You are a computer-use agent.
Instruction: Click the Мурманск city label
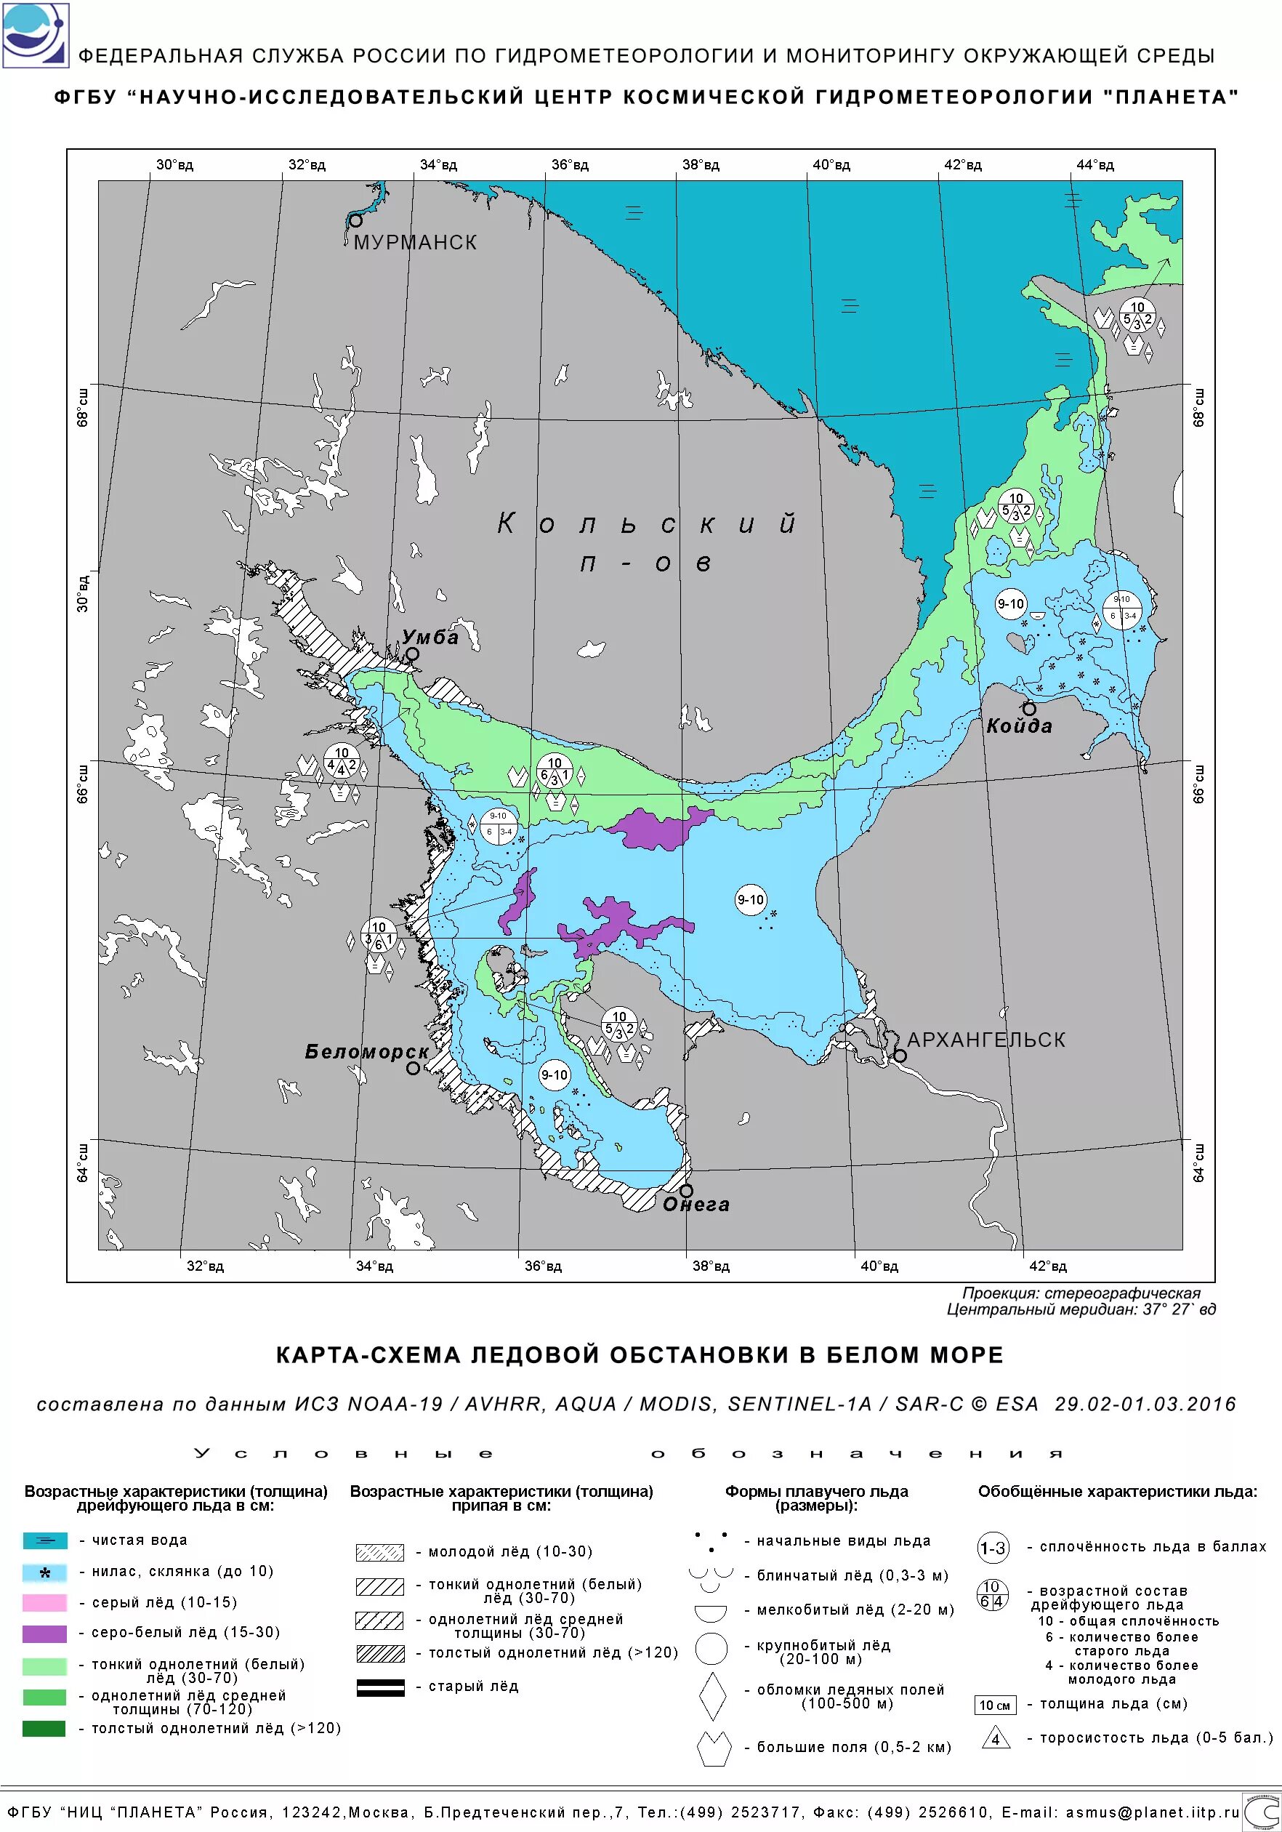pyautogui.click(x=415, y=243)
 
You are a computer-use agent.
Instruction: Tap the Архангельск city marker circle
pyautogui.click(x=900, y=1055)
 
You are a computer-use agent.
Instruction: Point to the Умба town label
pyautogui.click(x=430, y=637)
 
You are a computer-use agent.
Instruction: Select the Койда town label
pyautogui.click(x=1019, y=726)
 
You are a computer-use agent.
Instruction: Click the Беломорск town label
pyautogui.click(x=367, y=1052)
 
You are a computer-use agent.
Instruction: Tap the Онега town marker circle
pyautogui.click(x=686, y=1191)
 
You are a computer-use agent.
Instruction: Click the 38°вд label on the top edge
pyautogui.click(x=701, y=165)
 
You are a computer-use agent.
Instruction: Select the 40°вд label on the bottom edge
pyautogui.click(x=879, y=1266)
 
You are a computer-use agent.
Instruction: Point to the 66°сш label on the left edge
pyautogui.click(x=83, y=784)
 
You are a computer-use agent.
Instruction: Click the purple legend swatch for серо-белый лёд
pyautogui.click(x=44, y=1633)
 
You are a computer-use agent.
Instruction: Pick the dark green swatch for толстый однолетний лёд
pyautogui.click(x=44, y=1728)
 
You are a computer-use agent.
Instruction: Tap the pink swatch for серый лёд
pyautogui.click(x=44, y=1602)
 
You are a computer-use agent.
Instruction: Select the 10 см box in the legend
pyautogui.click(x=995, y=1705)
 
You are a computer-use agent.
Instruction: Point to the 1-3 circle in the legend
pyautogui.click(x=993, y=1548)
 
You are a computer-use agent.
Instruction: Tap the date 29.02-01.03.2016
pyautogui.click(x=1145, y=1405)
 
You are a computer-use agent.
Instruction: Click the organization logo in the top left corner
pyautogui.click(x=35, y=35)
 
